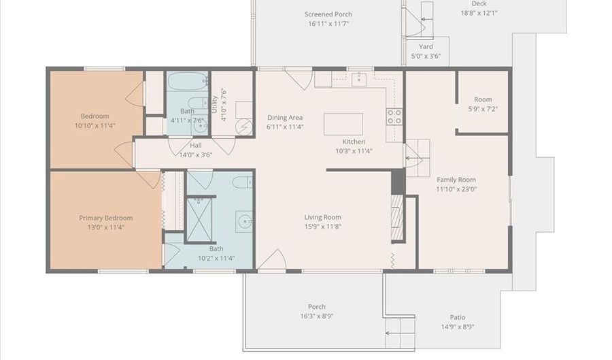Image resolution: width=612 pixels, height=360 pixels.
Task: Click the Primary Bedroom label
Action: (106, 218)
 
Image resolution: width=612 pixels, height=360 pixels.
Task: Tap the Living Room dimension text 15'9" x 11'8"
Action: (323, 227)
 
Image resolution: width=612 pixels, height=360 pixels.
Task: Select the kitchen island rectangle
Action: (343, 124)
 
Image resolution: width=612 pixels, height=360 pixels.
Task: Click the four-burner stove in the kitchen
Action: (394, 117)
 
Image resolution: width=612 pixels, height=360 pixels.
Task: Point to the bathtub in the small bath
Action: (188, 81)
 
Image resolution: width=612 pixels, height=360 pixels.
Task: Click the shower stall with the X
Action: (199, 220)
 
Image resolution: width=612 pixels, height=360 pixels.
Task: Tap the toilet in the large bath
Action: (243, 182)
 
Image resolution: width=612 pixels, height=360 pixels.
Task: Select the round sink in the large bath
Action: (245, 222)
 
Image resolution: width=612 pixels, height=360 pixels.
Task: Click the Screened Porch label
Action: (328, 14)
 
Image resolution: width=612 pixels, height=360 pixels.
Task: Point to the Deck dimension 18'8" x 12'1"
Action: (479, 13)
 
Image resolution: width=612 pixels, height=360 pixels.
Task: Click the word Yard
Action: (426, 46)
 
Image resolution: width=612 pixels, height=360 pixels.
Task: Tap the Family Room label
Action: (456, 180)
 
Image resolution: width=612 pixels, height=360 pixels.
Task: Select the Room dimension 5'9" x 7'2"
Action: (483, 109)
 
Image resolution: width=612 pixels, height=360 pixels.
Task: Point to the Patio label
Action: (458, 317)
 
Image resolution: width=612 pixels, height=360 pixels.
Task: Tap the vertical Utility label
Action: (214, 104)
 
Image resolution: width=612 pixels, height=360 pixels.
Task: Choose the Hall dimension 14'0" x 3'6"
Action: (196, 154)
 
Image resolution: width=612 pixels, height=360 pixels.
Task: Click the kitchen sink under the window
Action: (358, 79)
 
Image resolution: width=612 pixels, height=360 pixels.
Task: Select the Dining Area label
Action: (285, 117)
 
